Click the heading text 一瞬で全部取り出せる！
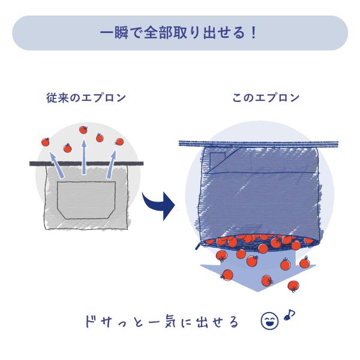(178, 33)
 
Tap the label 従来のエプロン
(86, 98)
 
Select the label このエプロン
(266, 98)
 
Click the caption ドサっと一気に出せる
(162, 322)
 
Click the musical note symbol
(289, 314)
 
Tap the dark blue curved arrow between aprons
(158, 205)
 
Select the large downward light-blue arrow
(258, 272)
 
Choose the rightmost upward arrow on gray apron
(111, 164)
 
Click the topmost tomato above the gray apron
(83, 130)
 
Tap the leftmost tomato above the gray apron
(46, 142)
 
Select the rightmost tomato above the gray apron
(119, 142)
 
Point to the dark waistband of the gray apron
(86, 163)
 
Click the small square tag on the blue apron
(218, 160)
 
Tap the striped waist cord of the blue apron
(259, 144)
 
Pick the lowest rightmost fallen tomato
(293, 286)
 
